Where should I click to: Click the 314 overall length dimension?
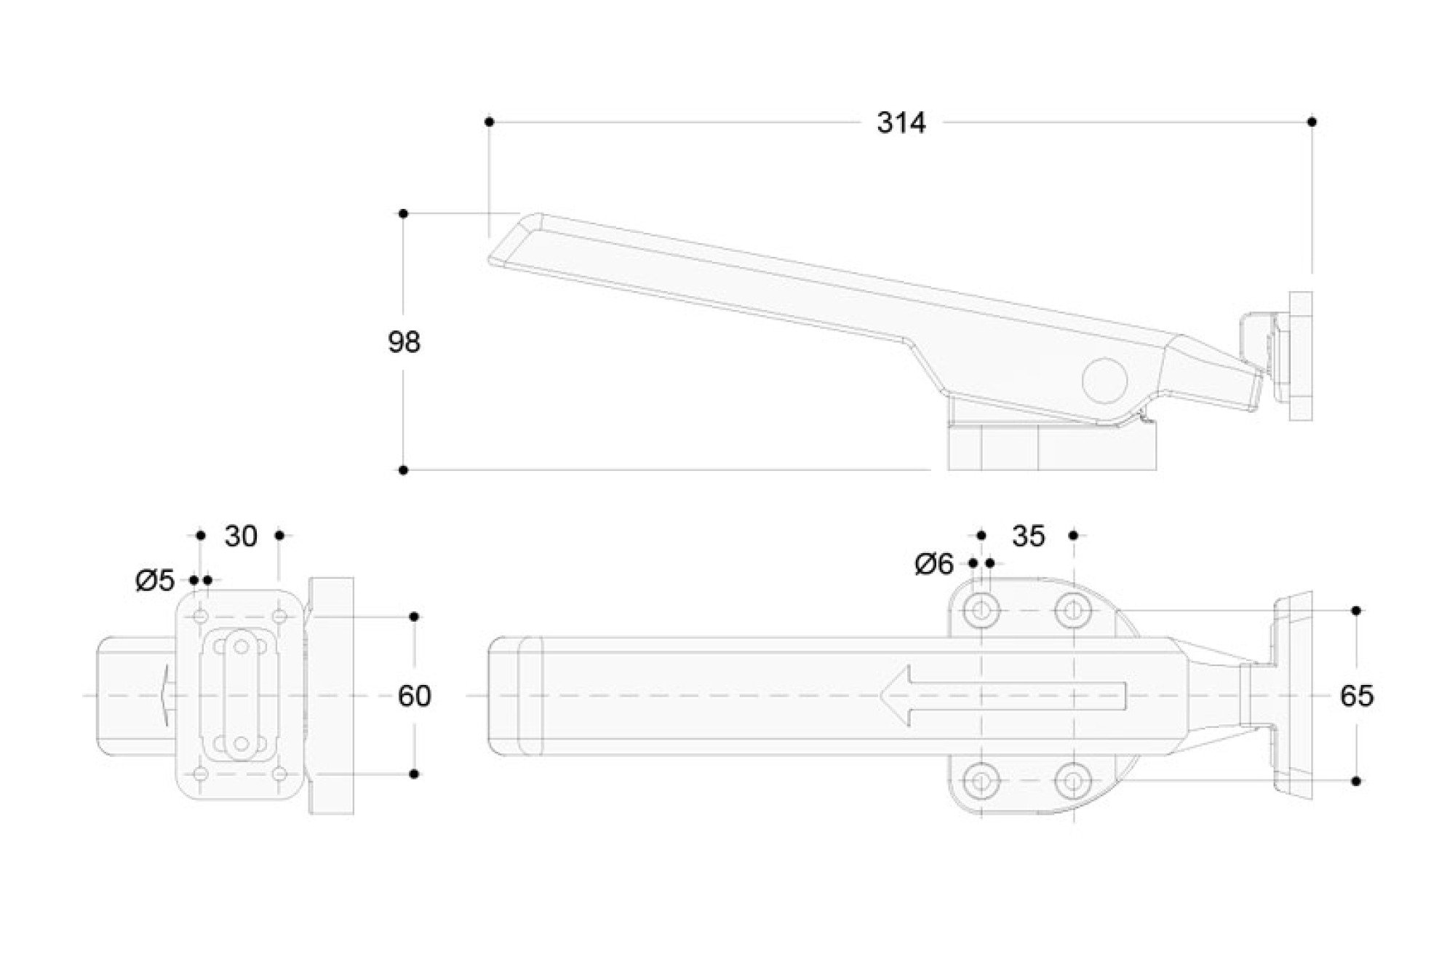[x=901, y=123]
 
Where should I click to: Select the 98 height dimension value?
[x=404, y=342]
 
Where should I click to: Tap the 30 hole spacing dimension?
[x=241, y=536]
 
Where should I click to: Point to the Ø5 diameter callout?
[x=156, y=581]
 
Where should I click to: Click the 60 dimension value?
[x=415, y=697]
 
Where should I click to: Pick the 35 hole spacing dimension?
[x=1029, y=536]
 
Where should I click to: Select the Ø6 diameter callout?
[x=934, y=564]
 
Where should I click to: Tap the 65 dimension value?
[x=1357, y=697]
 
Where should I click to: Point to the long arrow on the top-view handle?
[x=1002, y=697]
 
